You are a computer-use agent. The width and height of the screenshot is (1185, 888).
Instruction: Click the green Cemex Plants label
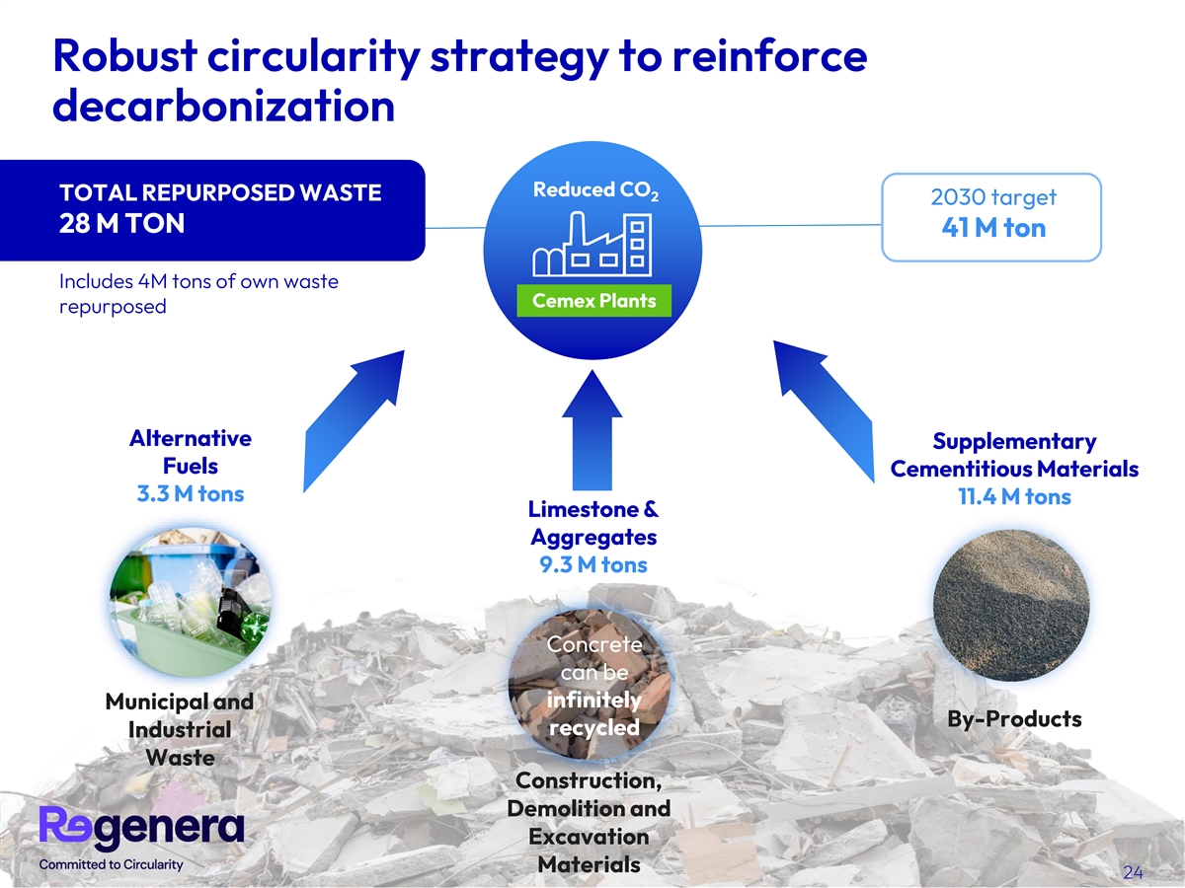click(593, 301)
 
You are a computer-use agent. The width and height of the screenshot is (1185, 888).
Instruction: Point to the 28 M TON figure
click(121, 224)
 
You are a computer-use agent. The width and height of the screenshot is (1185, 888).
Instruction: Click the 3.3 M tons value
click(190, 493)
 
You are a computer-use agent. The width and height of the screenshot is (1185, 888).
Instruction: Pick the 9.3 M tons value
click(592, 564)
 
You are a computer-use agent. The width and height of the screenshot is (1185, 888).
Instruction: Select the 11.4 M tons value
click(1013, 496)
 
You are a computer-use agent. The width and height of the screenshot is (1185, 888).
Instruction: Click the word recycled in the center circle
click(592, 727)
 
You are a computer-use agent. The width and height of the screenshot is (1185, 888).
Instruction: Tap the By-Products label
click(1014, 718)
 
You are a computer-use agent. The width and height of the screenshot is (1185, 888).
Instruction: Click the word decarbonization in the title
click(223, 107)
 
